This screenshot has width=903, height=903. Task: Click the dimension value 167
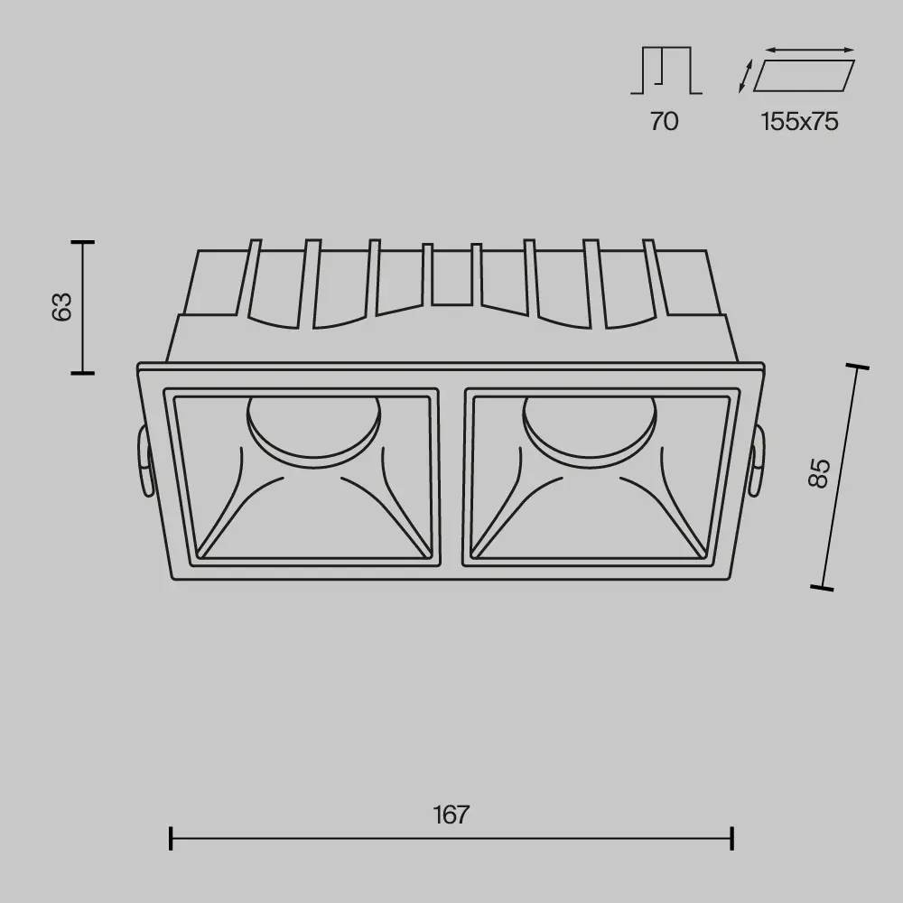[451, 815]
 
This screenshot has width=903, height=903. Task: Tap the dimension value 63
[61, 307]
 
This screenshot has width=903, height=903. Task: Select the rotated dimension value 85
[819, 472]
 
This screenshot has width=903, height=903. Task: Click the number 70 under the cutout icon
[664, 121]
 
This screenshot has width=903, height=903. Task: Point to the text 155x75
[799, 121]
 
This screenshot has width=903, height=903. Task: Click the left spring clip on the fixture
[144, 460]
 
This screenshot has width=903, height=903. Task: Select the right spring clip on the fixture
[757, 461]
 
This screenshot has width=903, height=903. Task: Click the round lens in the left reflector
[313, 422]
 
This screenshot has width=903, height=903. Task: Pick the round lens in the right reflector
[589, 422]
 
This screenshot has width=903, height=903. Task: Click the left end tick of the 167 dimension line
[171, 838]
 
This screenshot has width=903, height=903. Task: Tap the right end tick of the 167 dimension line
[731, 838]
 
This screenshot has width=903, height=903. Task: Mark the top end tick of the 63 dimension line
[83, 242]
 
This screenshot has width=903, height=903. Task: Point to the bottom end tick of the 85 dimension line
[822, 588]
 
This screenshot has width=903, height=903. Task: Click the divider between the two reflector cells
[450, 477]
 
